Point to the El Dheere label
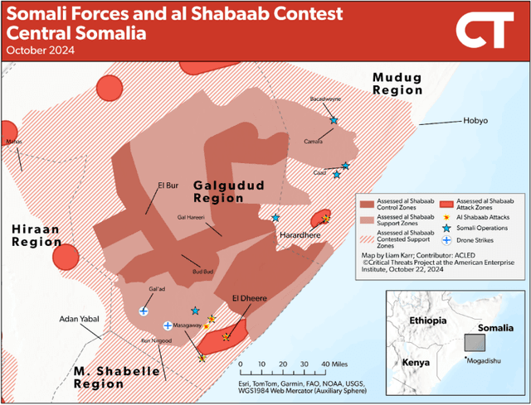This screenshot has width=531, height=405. (x=241, y=297)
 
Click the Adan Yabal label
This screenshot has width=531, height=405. (x=78, y=319)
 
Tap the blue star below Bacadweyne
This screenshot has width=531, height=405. (x=334, y=121)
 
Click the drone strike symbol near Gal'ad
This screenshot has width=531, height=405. (x=144, y=311)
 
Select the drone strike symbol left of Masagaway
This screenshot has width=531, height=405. (x=168, y=325)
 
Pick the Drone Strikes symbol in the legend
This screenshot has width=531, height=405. (x=446, y=240)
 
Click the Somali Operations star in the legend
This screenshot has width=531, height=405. (x=446, y=228)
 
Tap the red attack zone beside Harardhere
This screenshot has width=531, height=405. (x=319, y=219)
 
